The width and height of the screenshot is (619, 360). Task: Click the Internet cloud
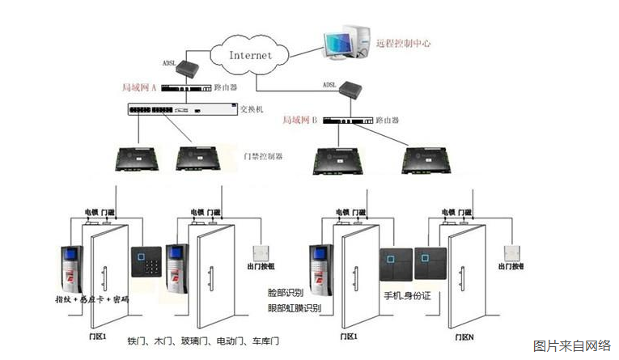[x=251, y=56]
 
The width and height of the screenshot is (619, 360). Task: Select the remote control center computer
[x=346, y=42]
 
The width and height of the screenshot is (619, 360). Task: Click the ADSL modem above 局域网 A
[x=189, y=66]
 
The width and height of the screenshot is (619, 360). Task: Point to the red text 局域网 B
[x=300, y=120]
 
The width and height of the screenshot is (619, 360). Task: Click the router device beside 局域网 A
[x=187, y=87]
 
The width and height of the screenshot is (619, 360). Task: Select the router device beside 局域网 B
[x=347, y=121]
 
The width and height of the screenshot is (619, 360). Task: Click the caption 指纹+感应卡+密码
[x=93, y=299]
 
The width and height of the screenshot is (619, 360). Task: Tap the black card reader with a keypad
[x=146, y=263]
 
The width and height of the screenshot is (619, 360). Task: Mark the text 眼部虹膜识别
[x=294, y=308]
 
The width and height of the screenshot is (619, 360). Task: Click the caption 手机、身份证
[x=409, y=296]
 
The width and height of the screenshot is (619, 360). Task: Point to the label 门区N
[x=464, y=336]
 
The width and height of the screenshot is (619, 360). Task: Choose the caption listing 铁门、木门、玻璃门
[x=203, y=341]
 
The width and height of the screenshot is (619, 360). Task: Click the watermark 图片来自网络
[x=571, y=345]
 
